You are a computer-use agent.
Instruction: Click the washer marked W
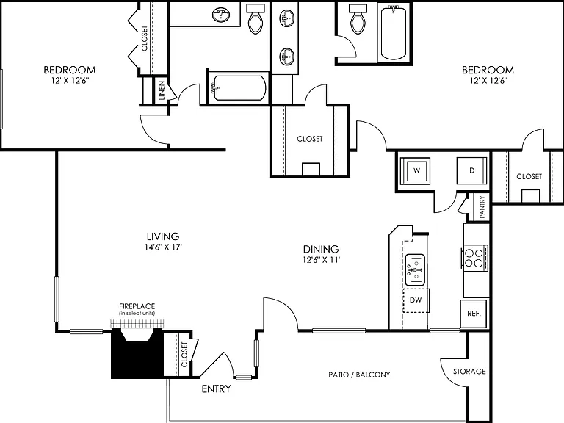416,171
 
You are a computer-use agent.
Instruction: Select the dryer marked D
472,171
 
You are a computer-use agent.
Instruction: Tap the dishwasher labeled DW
416,300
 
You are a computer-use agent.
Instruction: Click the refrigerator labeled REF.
474,314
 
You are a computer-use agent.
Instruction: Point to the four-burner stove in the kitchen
475,258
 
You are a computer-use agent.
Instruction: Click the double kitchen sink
415,270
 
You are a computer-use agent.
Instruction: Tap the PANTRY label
482,207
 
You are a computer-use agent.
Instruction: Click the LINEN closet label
162,90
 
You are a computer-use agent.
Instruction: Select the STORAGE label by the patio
469,371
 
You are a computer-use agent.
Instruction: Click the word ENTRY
216,388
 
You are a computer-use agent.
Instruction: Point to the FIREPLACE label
137,306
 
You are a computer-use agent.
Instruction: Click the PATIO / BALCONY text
359,375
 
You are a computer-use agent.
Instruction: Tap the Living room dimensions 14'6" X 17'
162,247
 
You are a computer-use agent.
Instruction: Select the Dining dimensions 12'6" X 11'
321,260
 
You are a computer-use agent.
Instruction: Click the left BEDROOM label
70,70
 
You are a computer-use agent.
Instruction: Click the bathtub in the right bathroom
394,33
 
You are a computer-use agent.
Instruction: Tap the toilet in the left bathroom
256,18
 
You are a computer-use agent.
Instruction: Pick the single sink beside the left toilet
221,15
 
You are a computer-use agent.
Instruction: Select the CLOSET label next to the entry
184,355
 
